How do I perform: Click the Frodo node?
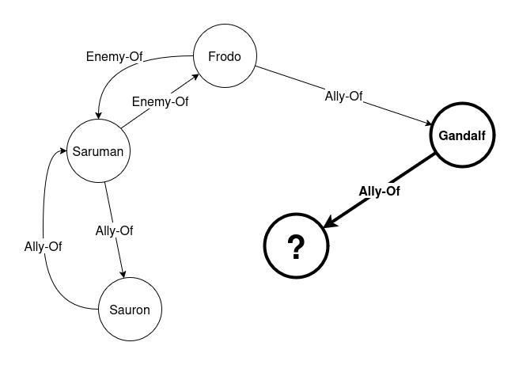tap(224, 56)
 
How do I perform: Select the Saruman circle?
tap(98, 150)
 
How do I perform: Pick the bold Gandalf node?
tap(462, 135)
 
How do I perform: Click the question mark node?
tap(296, 248)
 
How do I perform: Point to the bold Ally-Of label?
tap(380, 191)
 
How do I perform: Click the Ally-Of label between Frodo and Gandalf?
tap(343, 97)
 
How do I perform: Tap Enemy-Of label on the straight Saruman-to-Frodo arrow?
tap(160, 101)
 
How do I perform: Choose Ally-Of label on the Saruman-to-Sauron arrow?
tap(114, 230)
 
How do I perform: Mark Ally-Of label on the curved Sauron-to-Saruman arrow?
tap(43, 245)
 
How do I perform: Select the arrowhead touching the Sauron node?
tap(123, 272)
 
